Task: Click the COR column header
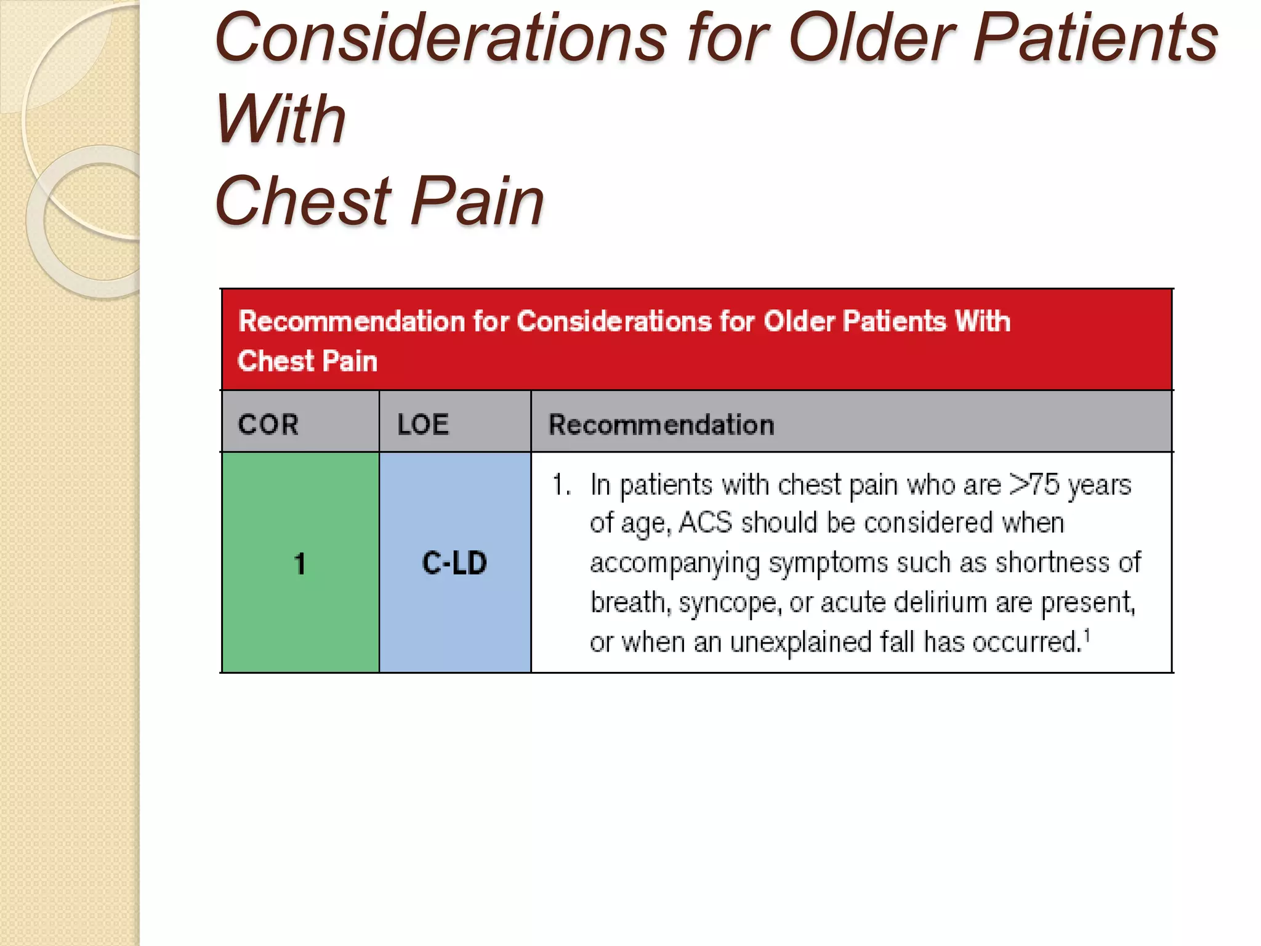coord(268,424)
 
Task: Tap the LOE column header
coord(423,424)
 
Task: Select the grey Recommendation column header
coord(661,424)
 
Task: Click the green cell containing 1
coord(300,563)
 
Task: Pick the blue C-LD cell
coord(454,563)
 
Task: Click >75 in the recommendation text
coord(1035,485)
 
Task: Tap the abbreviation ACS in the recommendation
coord(706,523)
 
